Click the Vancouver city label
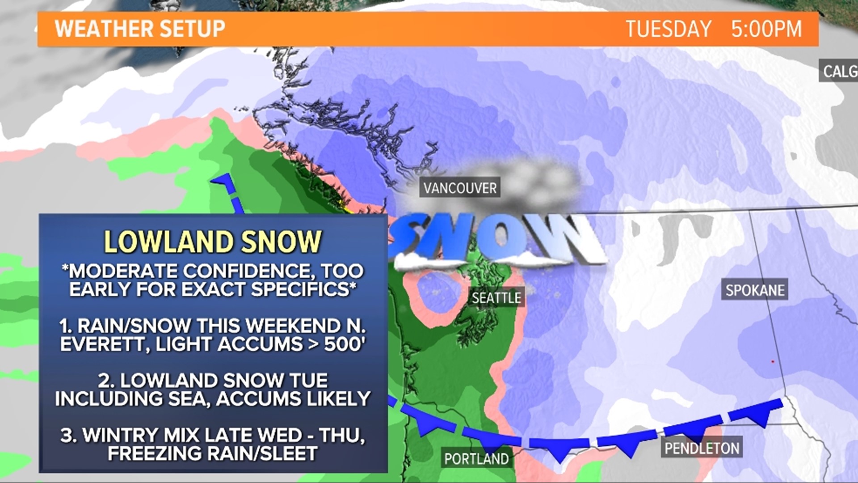click(x=460, y=188)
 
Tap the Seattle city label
click(x=496, y=297)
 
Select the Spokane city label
click(x=755, y=290)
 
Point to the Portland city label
click(x=476, y=459)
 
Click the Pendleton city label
click(x=702, y=448)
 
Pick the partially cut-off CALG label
click(x=839, y=71)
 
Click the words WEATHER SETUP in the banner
click(x=140, y=29)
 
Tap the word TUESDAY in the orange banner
click(x=668, y=29)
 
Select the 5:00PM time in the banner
click(x=766, y=29)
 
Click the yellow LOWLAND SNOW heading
click(x=213, y=241)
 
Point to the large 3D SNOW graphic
click(x=496, y=241)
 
